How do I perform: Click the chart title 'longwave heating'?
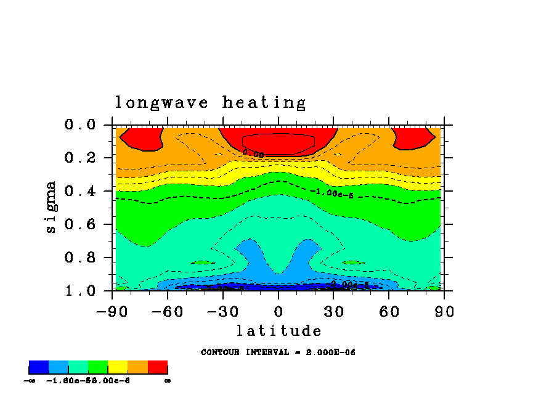click(x=210, y=103)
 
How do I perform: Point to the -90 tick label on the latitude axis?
click(x=112, y=312)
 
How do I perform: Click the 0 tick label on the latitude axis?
click(x=278, y=312)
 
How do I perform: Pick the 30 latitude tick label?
click(x=333, y=312)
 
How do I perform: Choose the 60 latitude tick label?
click(x=389, y=312)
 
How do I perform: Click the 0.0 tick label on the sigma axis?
click(x=80, y=125)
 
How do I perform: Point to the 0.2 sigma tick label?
click(x=80, y=158)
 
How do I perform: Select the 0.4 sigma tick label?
click(x=80, y=192)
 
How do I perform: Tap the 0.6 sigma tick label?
click(x=80, y=225)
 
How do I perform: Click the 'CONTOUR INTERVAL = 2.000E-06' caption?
click(x=278, y=352)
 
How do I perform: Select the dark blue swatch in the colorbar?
click(x=39, y=368)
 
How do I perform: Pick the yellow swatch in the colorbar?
click(x=118, y=368)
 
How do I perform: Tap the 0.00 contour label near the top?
click(x=253, y=153)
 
